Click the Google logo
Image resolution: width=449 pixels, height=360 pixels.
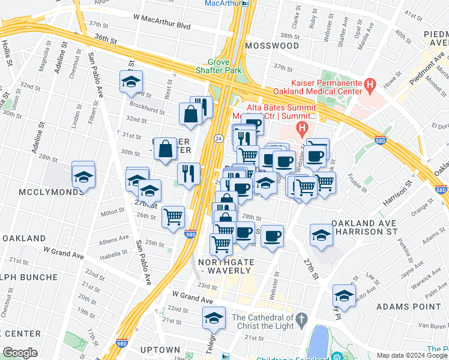[x=19, y=353]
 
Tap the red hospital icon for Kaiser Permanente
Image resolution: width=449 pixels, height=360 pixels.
[x=370, y=86]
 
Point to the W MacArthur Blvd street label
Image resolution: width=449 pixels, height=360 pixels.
[x=161, y=26]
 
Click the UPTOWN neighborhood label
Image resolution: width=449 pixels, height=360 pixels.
[x=160, y=350]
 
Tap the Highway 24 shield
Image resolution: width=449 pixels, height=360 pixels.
[x=220, y=139]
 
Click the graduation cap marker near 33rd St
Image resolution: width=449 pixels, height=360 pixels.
[x=130, y=83]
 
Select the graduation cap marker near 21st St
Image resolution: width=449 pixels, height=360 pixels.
[x=214, y=318]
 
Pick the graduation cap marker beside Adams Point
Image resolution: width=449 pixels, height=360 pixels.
[x=343, y=295]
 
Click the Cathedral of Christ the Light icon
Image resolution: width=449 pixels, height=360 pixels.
[x=302, y=317]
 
